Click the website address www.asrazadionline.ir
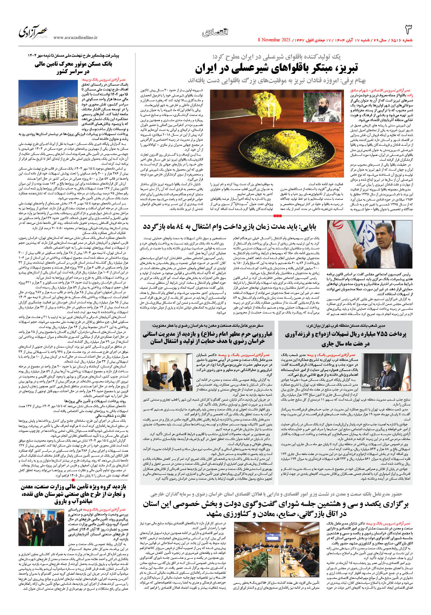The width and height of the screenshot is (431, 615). click(75, 37)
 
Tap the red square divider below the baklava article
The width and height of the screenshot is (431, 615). click(278, 216)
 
